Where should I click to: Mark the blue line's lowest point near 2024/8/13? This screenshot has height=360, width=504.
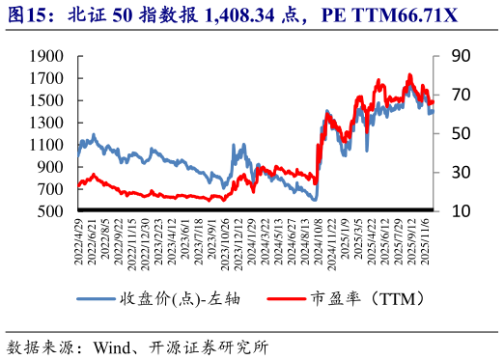(315, 200)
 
